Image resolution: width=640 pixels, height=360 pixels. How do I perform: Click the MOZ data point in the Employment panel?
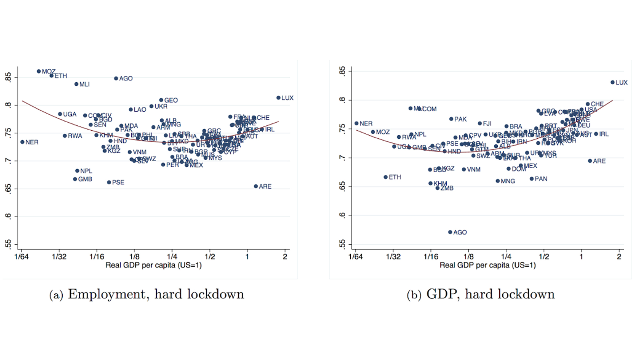(39, 71)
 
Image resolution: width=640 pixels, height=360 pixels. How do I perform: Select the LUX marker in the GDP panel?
(612, 82)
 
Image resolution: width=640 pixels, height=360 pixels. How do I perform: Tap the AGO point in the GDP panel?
(450, 232)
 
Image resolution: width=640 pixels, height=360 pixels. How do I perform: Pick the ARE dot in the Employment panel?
(256, 186)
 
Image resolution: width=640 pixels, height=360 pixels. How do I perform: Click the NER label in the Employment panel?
(32, 142)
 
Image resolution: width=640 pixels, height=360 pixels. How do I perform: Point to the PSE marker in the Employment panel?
(109, 182)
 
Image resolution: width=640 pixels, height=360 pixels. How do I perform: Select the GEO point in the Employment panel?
(161, 100)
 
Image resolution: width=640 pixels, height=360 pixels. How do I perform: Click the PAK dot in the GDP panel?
(451, 119)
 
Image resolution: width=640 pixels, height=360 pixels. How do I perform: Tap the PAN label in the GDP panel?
(541, 179)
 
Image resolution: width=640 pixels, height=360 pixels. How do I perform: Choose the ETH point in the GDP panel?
(386, 177)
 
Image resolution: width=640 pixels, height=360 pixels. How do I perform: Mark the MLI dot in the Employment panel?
(76, 84)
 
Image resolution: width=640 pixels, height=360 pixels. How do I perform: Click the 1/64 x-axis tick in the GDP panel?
(355, 257)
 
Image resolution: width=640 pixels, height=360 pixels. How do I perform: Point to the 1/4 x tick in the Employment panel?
(172, 257)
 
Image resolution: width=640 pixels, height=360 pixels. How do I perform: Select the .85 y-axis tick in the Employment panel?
(8, 77)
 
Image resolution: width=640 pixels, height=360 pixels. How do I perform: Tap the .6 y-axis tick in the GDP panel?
(342, 215)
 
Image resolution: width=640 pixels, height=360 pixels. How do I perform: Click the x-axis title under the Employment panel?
(154, 265)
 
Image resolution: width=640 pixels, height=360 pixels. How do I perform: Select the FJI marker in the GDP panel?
(480, 124)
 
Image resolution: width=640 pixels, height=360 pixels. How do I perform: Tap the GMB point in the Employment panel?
(75, 179)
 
